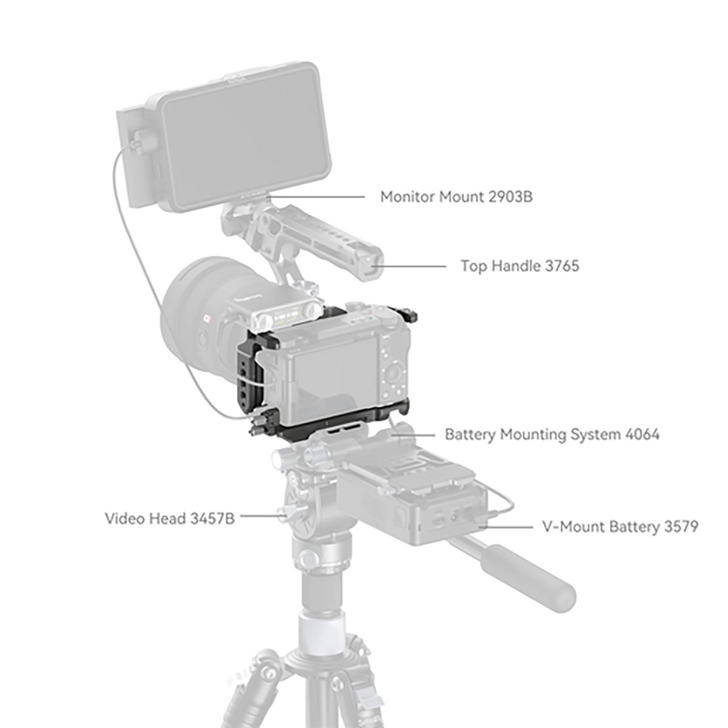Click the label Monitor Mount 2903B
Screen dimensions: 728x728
456,197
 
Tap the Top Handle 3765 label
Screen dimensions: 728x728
519,266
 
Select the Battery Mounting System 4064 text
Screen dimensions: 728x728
551,434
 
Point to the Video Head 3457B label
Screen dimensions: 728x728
169,518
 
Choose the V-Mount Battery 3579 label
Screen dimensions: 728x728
619,526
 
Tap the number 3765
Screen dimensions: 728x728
558,266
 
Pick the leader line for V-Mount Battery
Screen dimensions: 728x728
507,527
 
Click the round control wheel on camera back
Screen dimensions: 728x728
396,371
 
